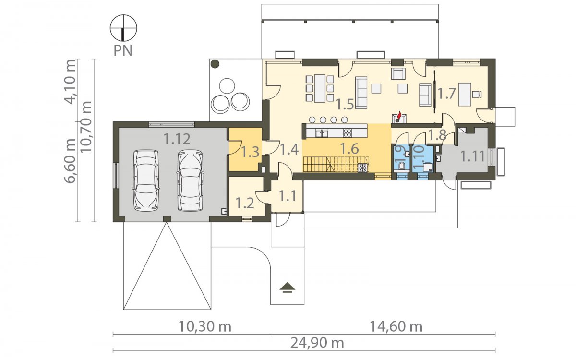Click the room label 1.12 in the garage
177,139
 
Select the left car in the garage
145,181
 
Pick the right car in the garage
190,181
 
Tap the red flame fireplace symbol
399,117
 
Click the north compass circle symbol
123,28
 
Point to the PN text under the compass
123,51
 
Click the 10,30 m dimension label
205,326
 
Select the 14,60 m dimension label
396,326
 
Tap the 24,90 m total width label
317,343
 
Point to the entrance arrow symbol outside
287,288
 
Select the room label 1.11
472,156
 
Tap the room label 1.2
245,204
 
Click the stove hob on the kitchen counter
347,133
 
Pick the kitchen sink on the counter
322,133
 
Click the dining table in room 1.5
320,88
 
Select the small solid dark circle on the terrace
215,64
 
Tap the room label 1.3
250,152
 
